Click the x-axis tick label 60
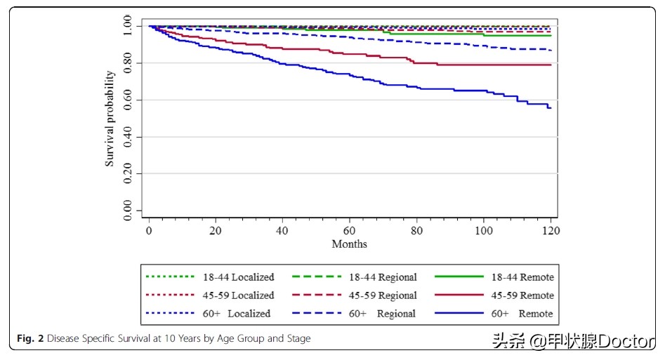350,230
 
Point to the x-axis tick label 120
551,230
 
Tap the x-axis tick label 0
149,230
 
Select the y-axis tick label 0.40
127,137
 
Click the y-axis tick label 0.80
127,63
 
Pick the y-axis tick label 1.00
127,27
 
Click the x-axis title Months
349,244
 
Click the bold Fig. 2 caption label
31,339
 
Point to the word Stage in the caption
296,339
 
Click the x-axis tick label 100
484,230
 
